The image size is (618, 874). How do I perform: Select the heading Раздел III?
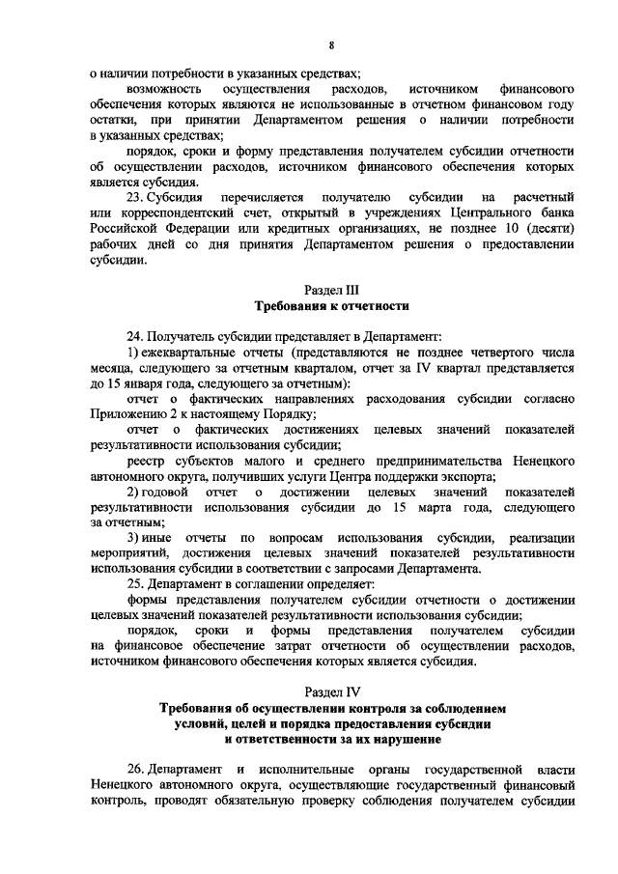pyautogui.click(x=330, y=289)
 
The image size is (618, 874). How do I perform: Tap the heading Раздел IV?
pyautogui.click(x=330, y=692)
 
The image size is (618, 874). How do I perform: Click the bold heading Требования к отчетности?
pyautogui.click(x=331, y=305)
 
